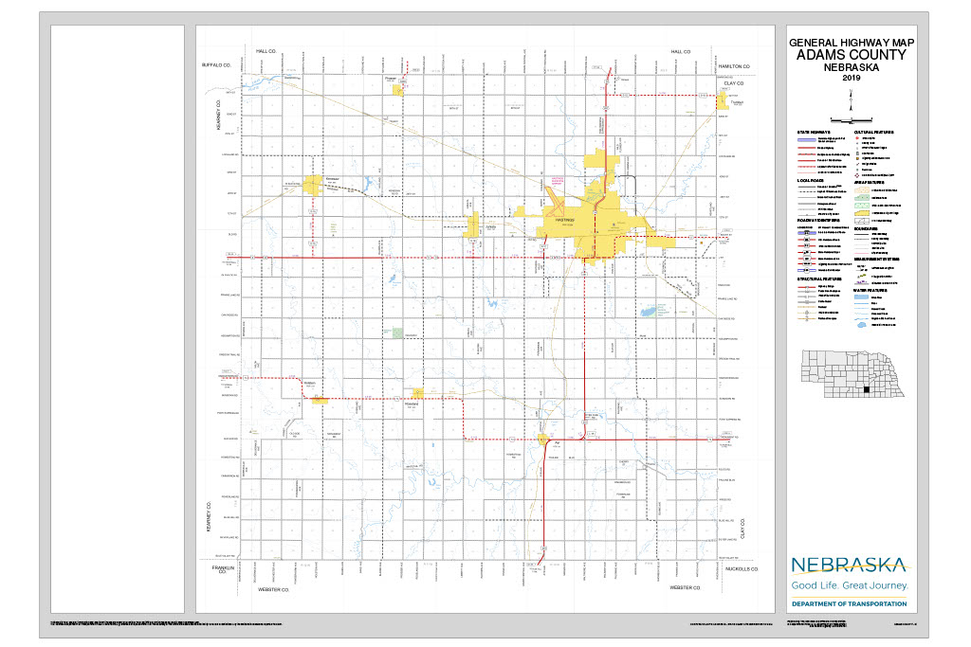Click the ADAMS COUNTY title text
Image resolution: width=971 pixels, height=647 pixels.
click(850, 55)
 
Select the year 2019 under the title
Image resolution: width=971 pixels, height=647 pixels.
click(850, 78)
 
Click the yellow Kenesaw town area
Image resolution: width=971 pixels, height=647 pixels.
click(313, 185)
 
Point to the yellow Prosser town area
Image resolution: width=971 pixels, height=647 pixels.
click(399, 88)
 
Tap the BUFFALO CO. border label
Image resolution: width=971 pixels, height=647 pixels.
click(216, 66)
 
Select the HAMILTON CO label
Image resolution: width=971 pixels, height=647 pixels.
click(733, 66)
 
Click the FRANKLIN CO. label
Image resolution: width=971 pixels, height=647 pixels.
click(217, 571)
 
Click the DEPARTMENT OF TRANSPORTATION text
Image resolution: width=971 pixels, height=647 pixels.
click(850, 603)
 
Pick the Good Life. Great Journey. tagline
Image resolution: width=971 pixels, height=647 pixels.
click(850, 586)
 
